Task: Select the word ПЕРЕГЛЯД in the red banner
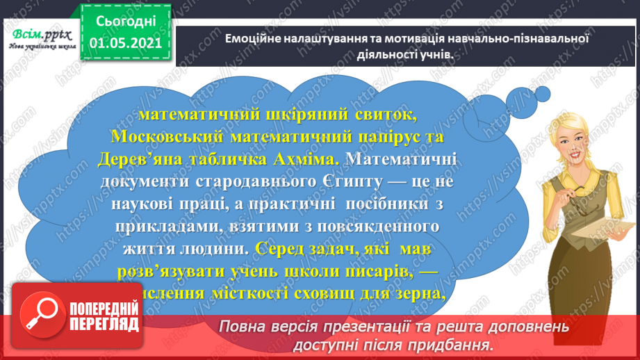pyautogui.click(x=104, y=325)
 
